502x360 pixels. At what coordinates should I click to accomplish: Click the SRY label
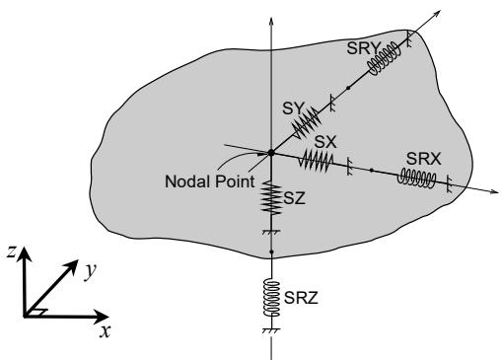363,48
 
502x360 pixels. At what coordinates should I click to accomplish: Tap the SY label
294,108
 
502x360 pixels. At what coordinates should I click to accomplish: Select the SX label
325,142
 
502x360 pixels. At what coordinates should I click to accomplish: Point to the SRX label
423,159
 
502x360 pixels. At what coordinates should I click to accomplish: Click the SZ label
295,198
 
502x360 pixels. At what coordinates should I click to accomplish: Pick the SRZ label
301,298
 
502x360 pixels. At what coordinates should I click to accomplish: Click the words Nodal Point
210,181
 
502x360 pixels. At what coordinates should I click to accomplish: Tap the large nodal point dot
271,153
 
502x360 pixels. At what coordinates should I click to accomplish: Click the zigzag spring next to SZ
271,198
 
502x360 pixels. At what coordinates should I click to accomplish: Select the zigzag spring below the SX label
316,161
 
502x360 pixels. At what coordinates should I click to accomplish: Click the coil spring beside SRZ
271,299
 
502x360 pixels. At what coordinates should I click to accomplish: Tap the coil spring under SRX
417,179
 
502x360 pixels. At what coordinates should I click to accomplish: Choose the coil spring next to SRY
385,59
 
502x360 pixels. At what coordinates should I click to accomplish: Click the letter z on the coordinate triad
12,252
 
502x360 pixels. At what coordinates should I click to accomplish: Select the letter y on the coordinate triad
90,271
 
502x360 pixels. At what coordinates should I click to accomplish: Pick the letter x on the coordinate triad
106,331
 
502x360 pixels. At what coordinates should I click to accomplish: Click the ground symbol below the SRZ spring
271,330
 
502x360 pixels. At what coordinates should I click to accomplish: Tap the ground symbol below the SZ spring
271,232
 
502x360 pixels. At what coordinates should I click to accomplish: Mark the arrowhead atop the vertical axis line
271,21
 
